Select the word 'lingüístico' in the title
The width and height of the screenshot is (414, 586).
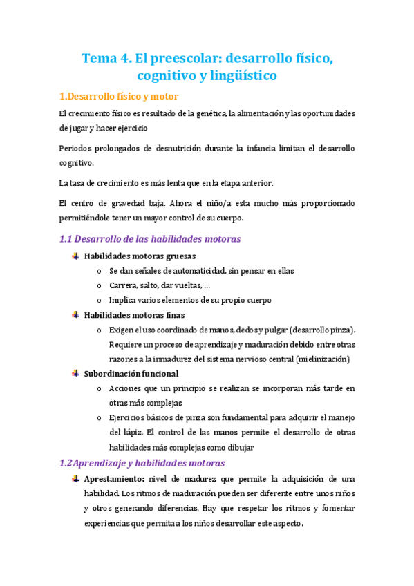click(x=237, y=75)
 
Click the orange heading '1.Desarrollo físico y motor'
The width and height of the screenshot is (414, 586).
click(x=119, y=96)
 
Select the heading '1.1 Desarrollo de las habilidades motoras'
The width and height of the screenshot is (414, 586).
click(x=149, y=239)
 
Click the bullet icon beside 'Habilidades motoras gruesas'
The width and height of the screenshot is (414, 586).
click(x=75, y=256)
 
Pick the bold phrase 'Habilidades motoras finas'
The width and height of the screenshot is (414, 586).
click(x=129, y=314)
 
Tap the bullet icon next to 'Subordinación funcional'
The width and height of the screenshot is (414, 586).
click(x=75, y=373)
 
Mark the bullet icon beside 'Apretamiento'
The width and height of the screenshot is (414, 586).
click(x=75, y=479)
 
